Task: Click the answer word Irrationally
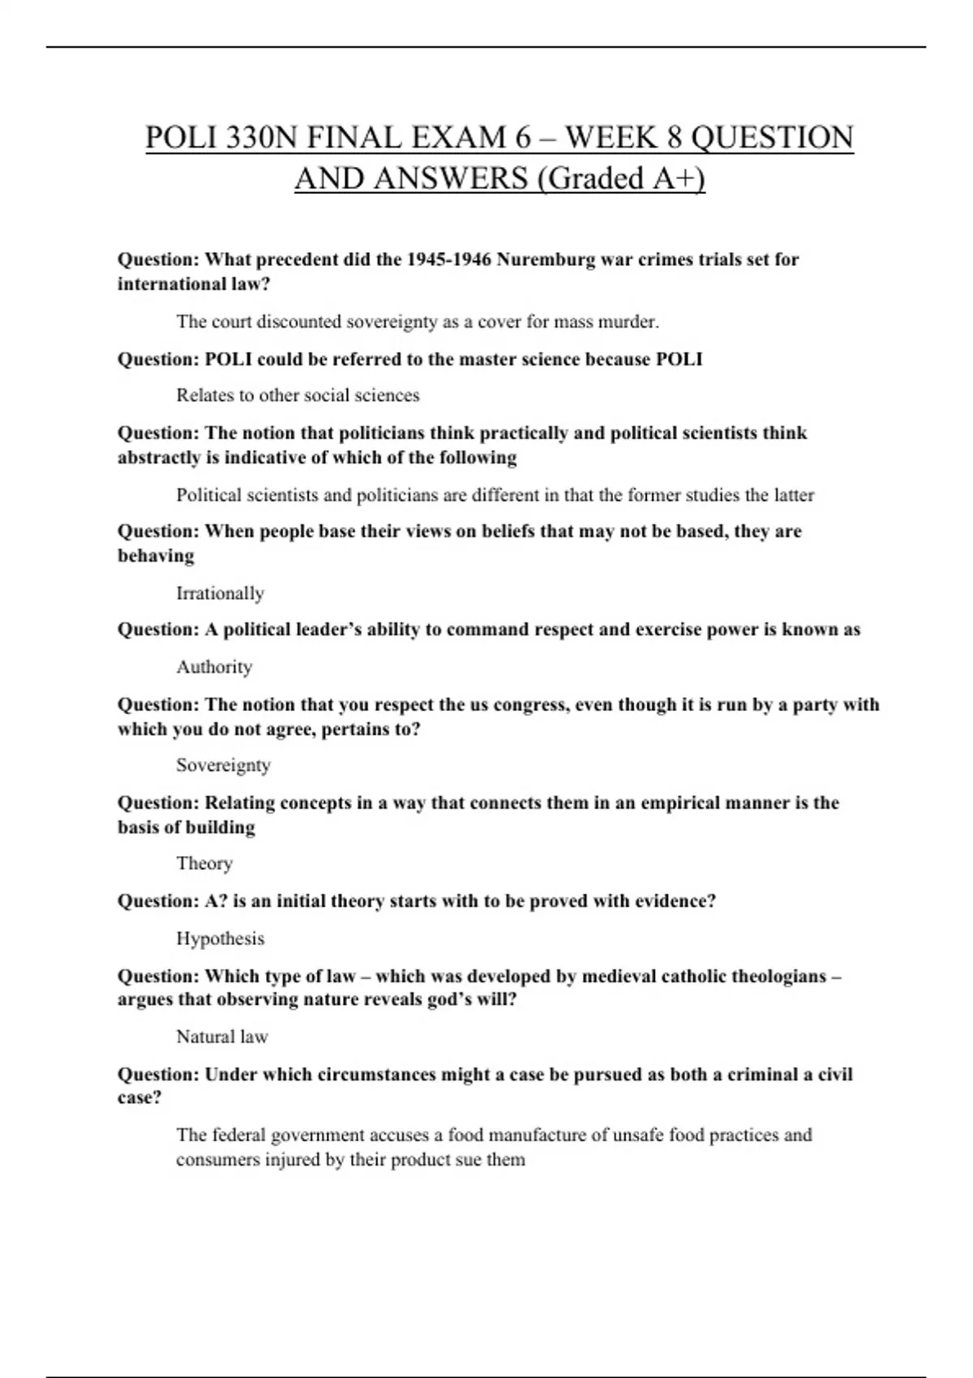pos(220,593)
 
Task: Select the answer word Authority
pos(214,667)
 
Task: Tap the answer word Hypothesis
pos(220,939)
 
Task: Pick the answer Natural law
pos(221,1037)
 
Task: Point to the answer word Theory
pos(204,863)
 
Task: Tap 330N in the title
pos(262,138)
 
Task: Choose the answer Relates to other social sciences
pos(298,396)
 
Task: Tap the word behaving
pos(156,556)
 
